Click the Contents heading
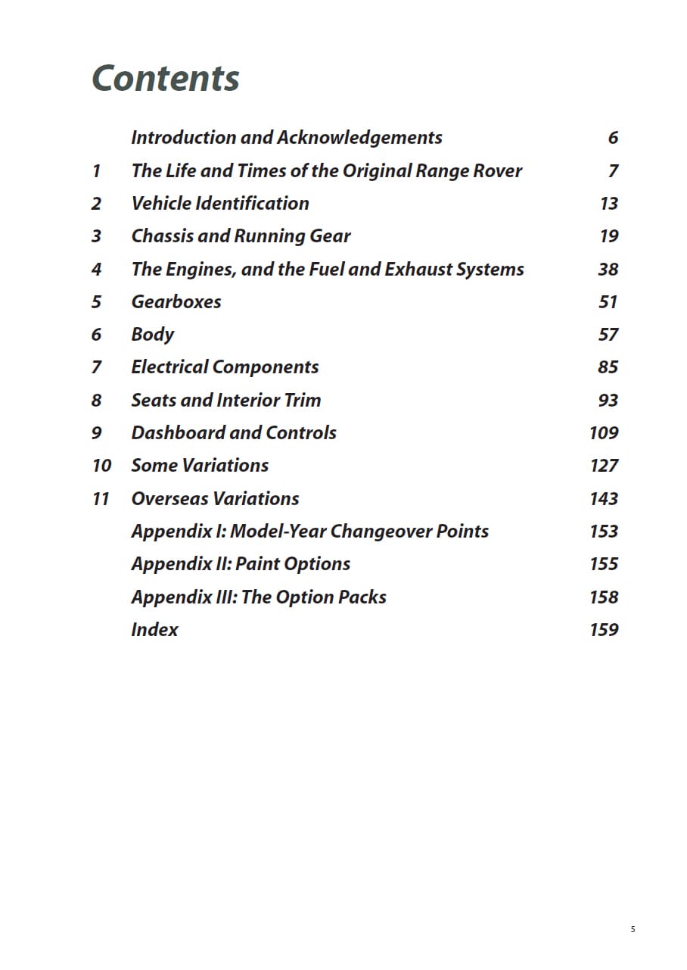[x=165, y=79]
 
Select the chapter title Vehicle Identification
[x=220, y=204]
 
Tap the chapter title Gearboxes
[x=176, y=302]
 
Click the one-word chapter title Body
[x=153, y=335]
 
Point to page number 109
[x=604, y=433]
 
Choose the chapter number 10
[x=101, y=466]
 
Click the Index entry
[x=154, y=630]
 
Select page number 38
[x=608, y=270]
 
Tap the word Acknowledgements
[x=359, y=138]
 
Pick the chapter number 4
[x=96, y=270]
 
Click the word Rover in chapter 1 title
[x=498, y=171]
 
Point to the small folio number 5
[x=633, y=929]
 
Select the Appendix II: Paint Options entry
[x=241, y=564]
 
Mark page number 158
[x=604, y=597]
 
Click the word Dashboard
[x=177, y=433]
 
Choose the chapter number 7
[x=96, y=367]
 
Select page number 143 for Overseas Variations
[x=604, y=499]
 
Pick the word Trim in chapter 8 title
[x=303, y=401]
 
